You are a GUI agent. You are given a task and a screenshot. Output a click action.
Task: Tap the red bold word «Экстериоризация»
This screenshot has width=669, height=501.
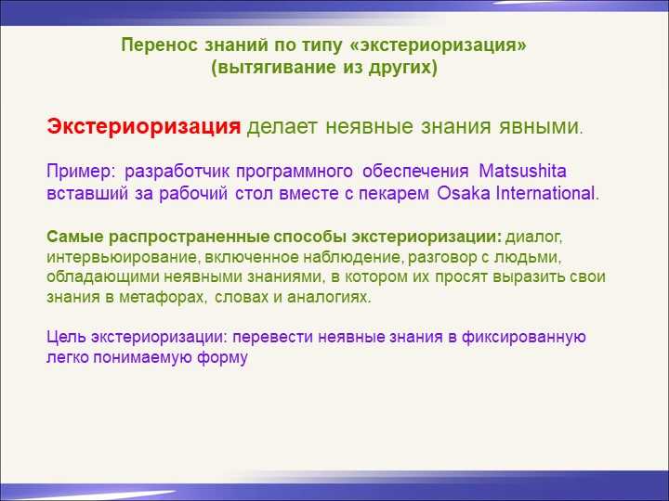coord(144,127)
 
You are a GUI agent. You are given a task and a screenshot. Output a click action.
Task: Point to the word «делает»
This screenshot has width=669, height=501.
coord(282,127)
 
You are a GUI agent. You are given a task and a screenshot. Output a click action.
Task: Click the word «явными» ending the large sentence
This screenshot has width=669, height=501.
coord(538,127)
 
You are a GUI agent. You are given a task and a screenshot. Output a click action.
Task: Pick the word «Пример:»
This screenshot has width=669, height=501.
coord(81,172)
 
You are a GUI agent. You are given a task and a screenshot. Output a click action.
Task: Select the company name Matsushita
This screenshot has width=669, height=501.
coord(522,172)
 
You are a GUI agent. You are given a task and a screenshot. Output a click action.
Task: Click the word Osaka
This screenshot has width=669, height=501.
coord(464,193)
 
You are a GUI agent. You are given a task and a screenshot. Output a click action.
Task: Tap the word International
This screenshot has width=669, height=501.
coord(544,193)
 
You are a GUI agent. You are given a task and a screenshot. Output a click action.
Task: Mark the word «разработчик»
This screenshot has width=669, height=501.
coord(177,172)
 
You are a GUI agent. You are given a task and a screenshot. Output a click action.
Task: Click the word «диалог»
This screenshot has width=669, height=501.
coord(532,238)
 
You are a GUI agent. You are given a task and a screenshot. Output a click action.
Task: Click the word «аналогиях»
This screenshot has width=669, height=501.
coord(327,297)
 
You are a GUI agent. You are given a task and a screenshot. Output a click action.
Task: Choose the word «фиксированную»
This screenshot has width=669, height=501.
coord(523,337)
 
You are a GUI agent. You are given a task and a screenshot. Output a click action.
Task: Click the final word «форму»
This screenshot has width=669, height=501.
coord(222,357)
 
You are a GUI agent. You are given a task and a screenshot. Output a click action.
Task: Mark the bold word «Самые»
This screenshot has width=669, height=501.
coord(75,238)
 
